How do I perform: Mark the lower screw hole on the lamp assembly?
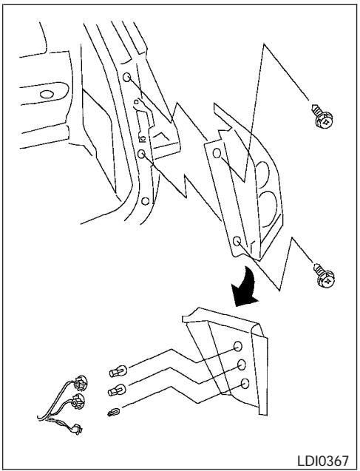tap(235, 241)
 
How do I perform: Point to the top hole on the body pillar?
tap(126, 78)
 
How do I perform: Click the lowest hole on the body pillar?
tap(146, 200)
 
